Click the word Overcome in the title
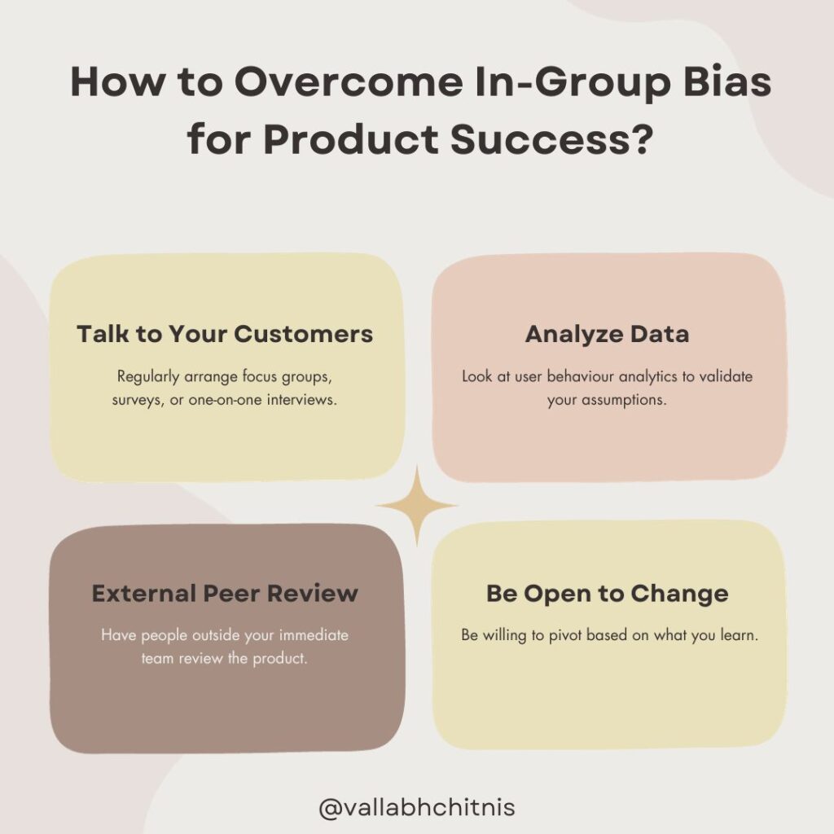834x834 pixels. [349, 82]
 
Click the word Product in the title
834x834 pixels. [351, 138]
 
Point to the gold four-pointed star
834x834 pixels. [417, 505]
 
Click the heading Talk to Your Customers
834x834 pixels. [225, 334]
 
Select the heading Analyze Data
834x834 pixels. [607, 335]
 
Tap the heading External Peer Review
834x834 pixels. [225, 593]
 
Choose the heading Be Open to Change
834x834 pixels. [608, 594]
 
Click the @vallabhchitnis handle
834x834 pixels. [417, 807]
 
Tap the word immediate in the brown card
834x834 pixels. [314, 635]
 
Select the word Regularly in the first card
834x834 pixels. [148, 376]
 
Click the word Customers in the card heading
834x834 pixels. [303, 334]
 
